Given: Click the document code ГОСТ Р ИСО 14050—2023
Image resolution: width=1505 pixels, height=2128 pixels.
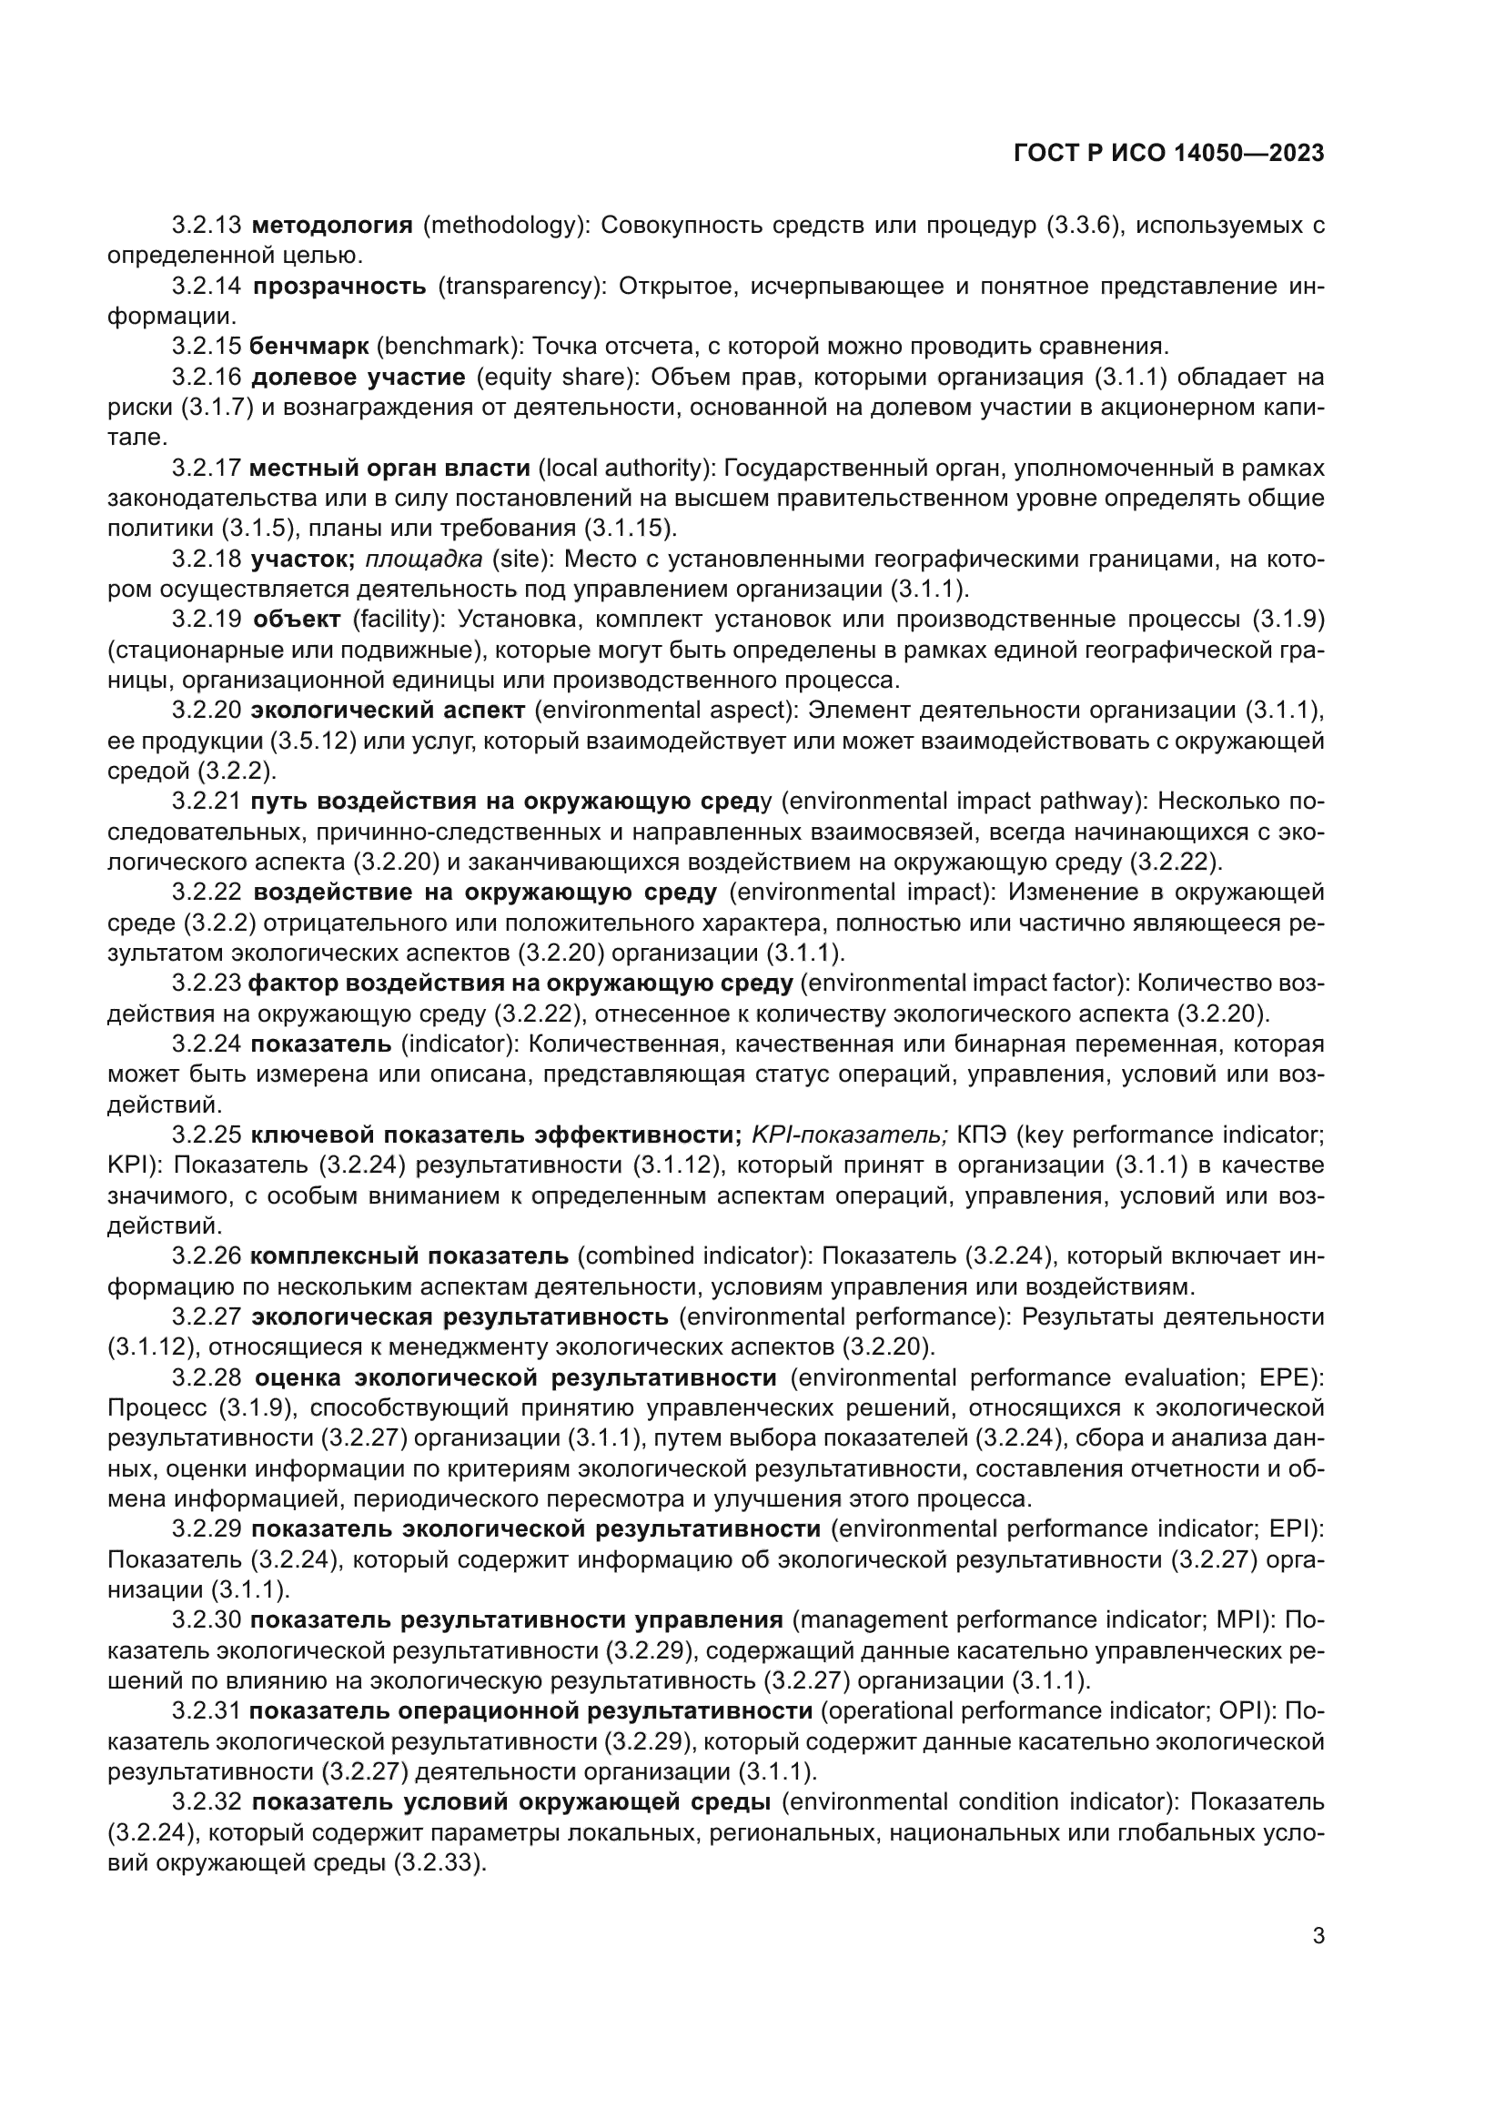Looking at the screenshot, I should [x=1169, y=153].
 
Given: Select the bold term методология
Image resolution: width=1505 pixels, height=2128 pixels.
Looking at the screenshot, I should [x=332, y=226].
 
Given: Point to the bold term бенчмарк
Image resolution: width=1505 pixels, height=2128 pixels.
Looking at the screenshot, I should [x=309, y=347].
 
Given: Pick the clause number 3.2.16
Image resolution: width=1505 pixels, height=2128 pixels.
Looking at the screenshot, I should [x=207, y=378].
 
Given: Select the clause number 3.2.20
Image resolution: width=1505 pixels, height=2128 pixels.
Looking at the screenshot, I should [x=207, y=710].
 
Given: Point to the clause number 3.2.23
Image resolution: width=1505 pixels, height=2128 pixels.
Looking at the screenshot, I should [x=207, y=983].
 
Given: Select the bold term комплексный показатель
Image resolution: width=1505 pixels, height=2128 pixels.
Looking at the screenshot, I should [x=409, y=1256].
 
